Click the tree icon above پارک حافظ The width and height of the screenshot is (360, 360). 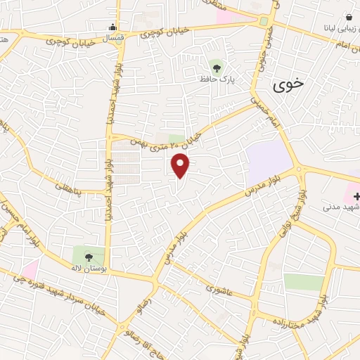[217, 67]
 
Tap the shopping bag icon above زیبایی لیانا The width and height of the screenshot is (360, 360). [348, 16]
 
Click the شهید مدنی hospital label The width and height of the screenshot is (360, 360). [341, 207]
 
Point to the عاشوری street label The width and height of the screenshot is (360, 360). [219, 288]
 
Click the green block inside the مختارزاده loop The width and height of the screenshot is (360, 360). [304, 282]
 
